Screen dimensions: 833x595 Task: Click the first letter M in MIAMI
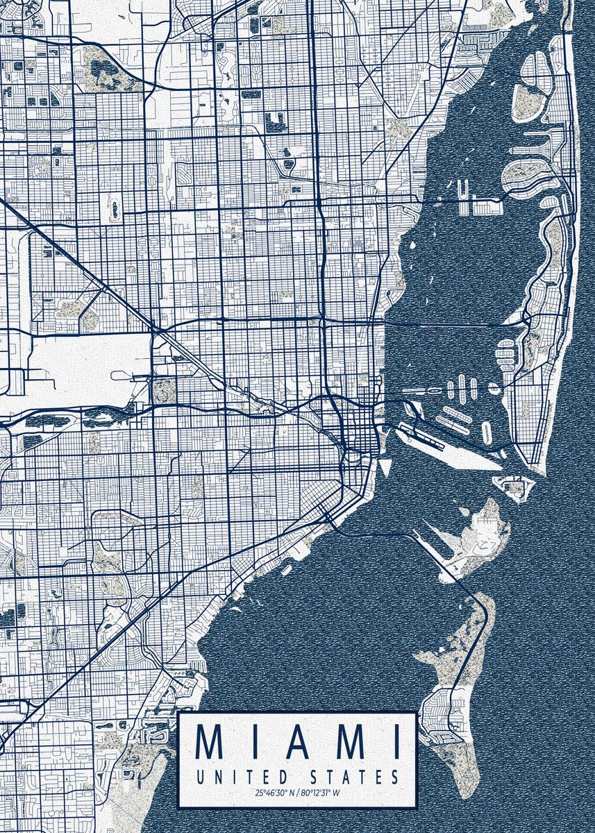[x=210, y=742]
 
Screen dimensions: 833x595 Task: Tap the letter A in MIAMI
[x=296, y=742]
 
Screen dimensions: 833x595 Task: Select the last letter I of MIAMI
[x=396, y=742]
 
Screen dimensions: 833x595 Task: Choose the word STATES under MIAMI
[x=355, y=776]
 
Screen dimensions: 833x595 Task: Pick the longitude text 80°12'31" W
[x=322, y=793]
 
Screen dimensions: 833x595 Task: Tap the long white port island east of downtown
[x=444, y=444]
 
